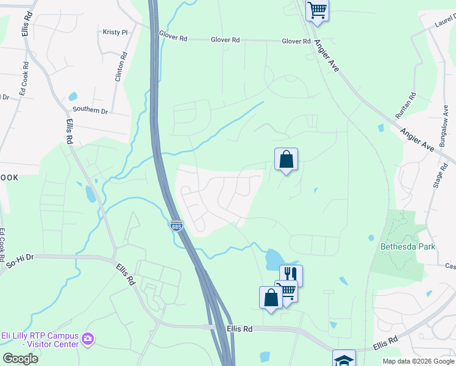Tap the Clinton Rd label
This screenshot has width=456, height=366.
121,66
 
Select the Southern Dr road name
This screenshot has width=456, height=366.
90,110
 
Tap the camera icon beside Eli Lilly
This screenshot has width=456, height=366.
88,338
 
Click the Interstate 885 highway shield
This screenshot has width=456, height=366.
176,226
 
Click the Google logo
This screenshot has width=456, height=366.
20,359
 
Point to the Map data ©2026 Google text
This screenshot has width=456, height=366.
418,361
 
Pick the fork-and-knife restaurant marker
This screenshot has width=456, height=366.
291,275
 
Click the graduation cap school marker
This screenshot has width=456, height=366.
344,359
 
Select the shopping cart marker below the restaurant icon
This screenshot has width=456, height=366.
287,290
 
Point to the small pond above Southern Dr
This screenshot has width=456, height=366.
73,96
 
